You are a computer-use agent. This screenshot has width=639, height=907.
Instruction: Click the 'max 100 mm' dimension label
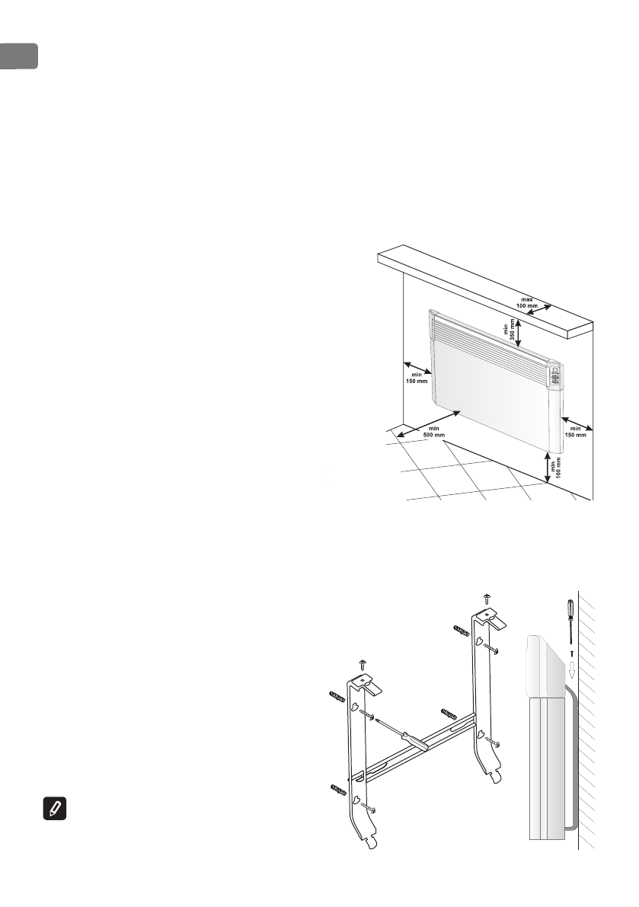pyautogui.click(x=527, y=301)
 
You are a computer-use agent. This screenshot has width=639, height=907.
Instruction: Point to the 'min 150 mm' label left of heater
pyautogui.click(x=416, y=378)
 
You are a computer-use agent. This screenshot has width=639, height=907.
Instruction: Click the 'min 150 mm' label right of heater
pyautogui.click(x=576, y=432)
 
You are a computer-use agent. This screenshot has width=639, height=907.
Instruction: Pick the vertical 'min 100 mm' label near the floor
pyautogui.click(x=559, y=465)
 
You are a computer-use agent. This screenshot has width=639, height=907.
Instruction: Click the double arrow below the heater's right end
pyautogui.click(x=548, y=467)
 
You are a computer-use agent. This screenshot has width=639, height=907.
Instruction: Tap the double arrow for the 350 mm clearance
pyautogui.click(x=519, y=332)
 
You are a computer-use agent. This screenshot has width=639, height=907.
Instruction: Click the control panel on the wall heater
pyautogui.click(x=556, y=378)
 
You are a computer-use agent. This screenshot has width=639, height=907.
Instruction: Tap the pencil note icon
pyautogui.click(x=54, y=810)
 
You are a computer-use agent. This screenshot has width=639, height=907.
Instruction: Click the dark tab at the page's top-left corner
pyautogui.click(x=18, y=57)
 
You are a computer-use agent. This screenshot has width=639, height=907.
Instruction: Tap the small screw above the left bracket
pyautogui.click(x=364, y=666)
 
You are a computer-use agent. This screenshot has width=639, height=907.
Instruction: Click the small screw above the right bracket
pyautogui.click(x=487, y=597)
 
